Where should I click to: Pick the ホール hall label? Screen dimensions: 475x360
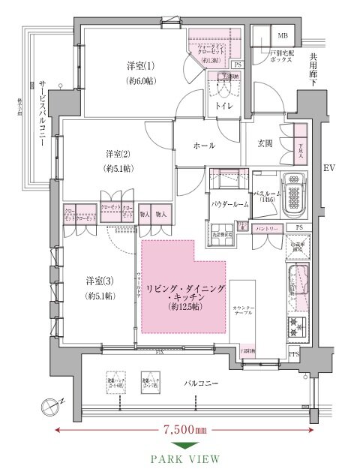203,145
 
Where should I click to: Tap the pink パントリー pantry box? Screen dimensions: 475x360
267,227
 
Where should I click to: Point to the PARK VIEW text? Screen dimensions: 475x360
185,458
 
